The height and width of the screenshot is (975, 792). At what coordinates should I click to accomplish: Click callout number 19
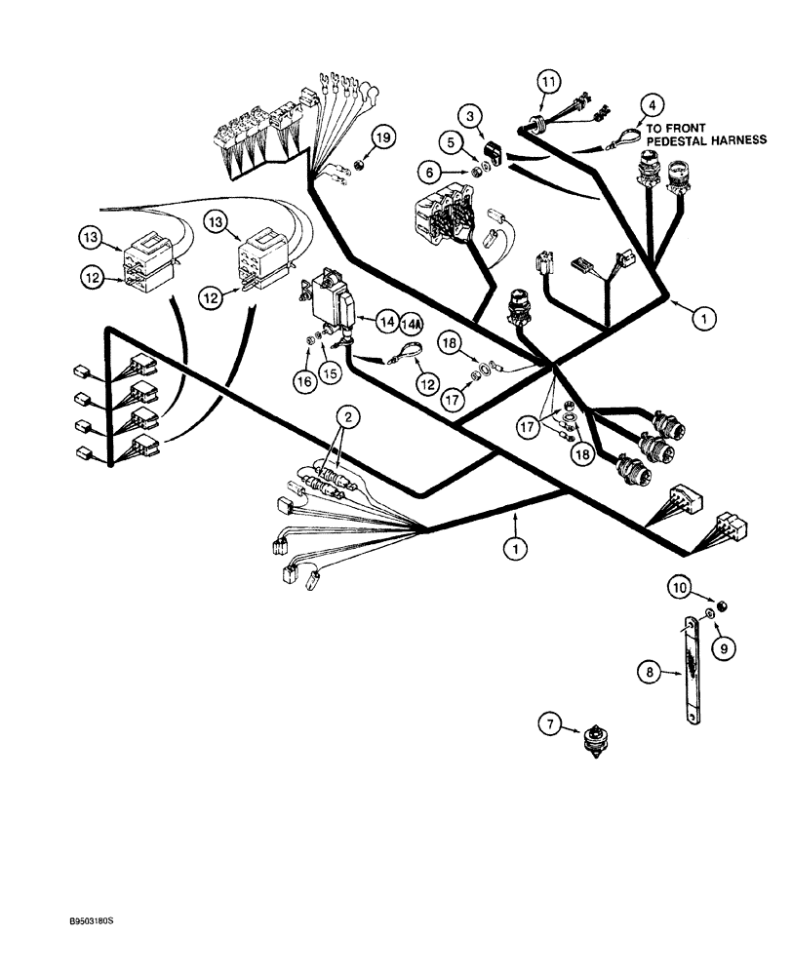point(383,138)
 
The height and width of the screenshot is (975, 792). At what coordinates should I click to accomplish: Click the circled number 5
point(450,142)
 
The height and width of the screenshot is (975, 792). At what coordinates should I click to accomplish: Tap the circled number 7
point(553,722)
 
